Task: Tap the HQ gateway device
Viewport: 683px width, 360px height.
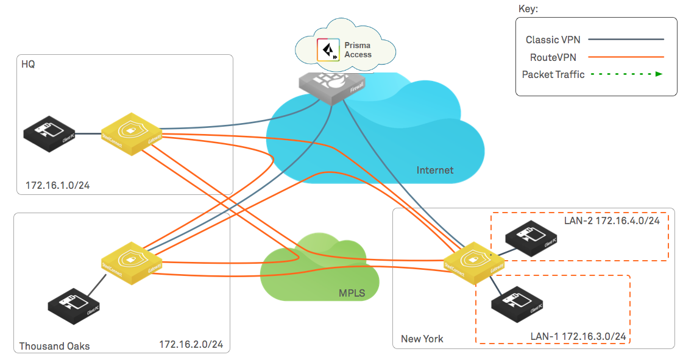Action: (131, 133)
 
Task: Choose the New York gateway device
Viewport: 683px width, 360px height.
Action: (474, 263)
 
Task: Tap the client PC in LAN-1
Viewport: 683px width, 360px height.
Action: (517, 305)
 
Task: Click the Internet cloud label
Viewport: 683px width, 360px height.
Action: (434, 170)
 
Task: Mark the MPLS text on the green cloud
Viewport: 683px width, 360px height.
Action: (352, 294)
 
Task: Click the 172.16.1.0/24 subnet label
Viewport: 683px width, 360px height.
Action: (58, 185)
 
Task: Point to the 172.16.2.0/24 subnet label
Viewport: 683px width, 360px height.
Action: (191, 345)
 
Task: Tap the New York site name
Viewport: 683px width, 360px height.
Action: (422, 339)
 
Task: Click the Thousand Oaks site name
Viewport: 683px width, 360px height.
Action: (54, 346)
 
